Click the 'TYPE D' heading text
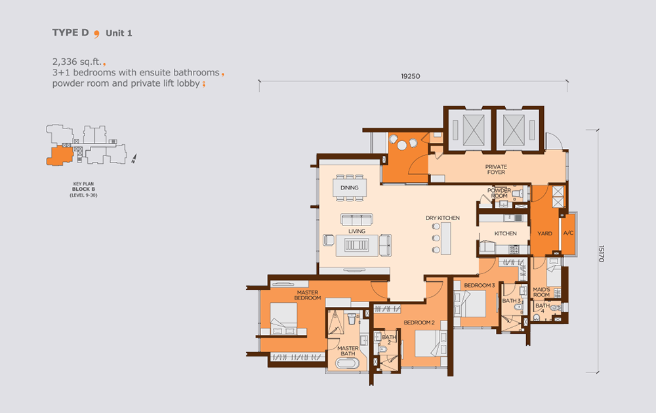pos(70,33)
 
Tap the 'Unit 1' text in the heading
pos(119,33)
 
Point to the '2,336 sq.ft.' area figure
pos(77,62)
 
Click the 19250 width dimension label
pos(411,76)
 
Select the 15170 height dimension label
pos(601,254)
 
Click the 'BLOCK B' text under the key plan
pos(84,189)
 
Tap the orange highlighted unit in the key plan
pos(60,155)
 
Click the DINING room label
pos(350,187)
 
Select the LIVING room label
pos(357,231)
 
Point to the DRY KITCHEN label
pos(443,218)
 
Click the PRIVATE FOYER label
pos(496,169)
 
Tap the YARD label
pos(544,233)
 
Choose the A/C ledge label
pos(568,233)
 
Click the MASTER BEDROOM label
pos(308,295)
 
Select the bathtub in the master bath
pos(348,363)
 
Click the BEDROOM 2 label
pos(419,323)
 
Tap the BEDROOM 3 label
pos(480,286)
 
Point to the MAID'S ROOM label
pos(541,292)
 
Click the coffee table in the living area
pos(356,245)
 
